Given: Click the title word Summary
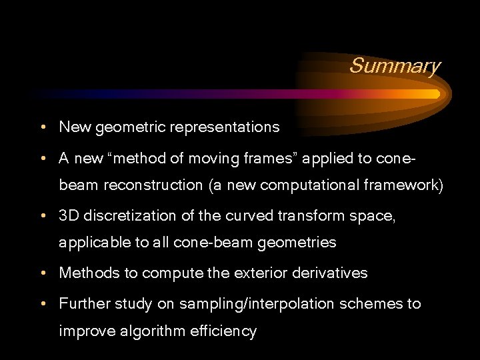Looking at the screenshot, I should tap(395, 66).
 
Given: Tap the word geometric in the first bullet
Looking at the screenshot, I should tap(131, 127).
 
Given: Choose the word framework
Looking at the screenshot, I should tap(406, 185).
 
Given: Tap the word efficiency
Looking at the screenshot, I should tap(222, 332).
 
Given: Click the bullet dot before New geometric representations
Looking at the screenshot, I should tap(42, 127).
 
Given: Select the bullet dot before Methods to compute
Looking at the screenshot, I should tap(42, 274).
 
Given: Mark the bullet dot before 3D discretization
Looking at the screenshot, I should tap(42, 217).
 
